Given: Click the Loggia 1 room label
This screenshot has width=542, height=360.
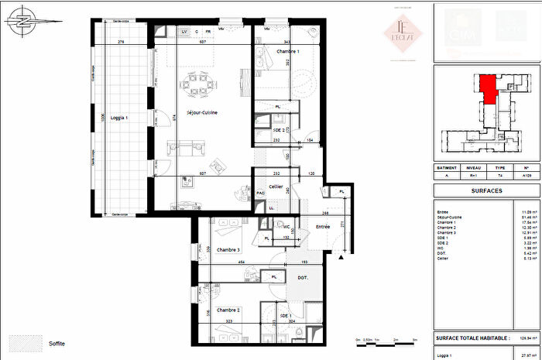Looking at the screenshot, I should click(x=115, y=118).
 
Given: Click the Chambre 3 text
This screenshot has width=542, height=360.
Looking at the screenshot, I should click(x=229, y=249).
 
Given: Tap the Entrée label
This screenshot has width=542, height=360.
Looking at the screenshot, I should click(x=323, y=227).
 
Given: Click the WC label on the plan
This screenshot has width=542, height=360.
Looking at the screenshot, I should click(x=286, y=227).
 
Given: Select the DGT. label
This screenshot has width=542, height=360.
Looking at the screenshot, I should click(x=303, y=276).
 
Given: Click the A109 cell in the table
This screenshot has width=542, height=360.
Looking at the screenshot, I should click(x=527, y=176).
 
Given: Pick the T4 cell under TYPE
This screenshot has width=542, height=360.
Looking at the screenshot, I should click(x=500, y=176).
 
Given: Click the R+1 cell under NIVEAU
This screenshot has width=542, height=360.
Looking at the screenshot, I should click(x=472, y=176).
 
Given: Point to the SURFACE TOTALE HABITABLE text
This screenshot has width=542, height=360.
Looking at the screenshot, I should click(x=473, y=338).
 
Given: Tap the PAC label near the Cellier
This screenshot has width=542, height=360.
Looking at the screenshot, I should click(x=260, y=193).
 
